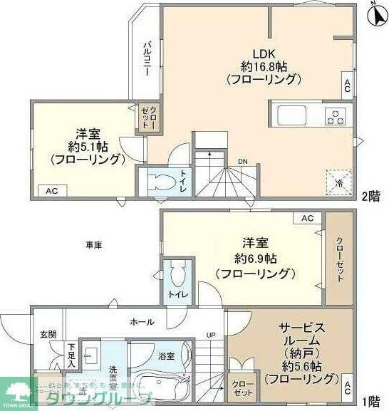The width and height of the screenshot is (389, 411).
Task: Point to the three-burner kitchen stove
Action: click(x=334, y=115)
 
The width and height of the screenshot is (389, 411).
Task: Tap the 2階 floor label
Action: click(x=370, y=194)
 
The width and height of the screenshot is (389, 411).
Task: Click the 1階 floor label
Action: click(x=370, y=401)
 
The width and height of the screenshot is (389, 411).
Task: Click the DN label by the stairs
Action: click(x=243, y=161)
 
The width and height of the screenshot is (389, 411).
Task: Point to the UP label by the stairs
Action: click(x=211, y=335)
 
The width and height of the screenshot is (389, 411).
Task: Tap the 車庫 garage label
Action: click(x=94, y=245)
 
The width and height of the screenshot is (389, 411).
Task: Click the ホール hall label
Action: click(x=142, y=322)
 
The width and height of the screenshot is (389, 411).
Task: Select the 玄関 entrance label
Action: click(x=48, y=334)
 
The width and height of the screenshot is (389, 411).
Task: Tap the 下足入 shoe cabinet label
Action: click(x=72, y=355)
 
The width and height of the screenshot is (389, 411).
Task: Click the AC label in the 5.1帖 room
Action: click(x=51, y=191)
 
